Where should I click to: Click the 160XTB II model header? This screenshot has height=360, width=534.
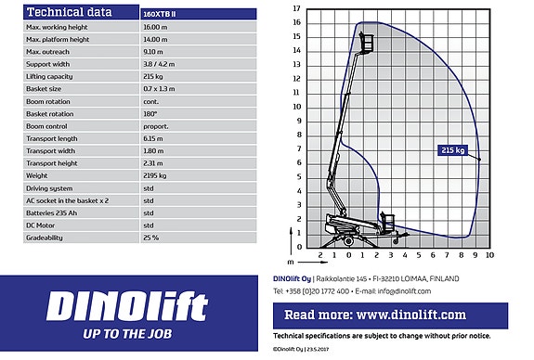pyautogui.click(x=160, y=14)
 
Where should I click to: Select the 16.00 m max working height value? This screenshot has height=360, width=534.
pyautogui.click(x=155, y=27)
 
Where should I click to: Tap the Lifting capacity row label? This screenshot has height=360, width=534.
pyautogui.click(x=49, y=77)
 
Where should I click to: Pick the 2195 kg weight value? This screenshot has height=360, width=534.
pyautogui.click(x=155, y=175)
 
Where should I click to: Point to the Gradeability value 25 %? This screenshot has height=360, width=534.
pyautogui.click(x=150, y=238)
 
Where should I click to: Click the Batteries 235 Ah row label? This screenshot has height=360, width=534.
pyautogui.click(x=52, y=213)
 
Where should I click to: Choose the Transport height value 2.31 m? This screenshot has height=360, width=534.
pyautogui.click(x=153, y=163)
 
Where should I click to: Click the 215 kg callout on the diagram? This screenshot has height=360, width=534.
pyautogui.click(x=452, y=150)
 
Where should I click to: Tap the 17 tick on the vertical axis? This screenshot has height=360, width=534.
pyautogui.click(x=296, y=8)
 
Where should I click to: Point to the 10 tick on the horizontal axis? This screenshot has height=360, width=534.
pyautogui.click(x=489, y=255)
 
